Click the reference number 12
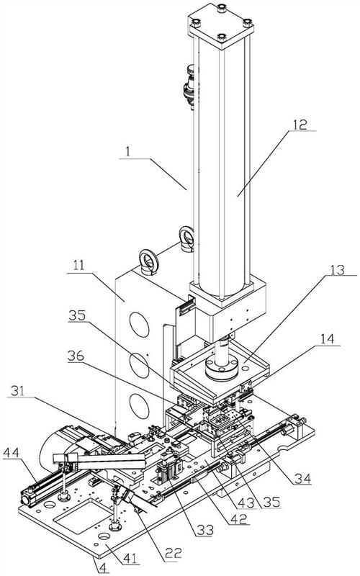coord(300,124)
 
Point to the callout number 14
coord(327,338)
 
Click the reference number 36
coord(76,356)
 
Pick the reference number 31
coord(18,390)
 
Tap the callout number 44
coord(11,453)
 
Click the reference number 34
coord(302,478)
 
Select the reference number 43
coord(246,502)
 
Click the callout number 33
coord(205,530)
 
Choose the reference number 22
coord(173,554)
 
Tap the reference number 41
coord(130,559)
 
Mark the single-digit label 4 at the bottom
coord(103,568)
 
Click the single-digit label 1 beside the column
coord(127,152)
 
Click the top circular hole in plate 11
coord(139,325)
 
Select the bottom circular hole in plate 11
coord(139,405)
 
